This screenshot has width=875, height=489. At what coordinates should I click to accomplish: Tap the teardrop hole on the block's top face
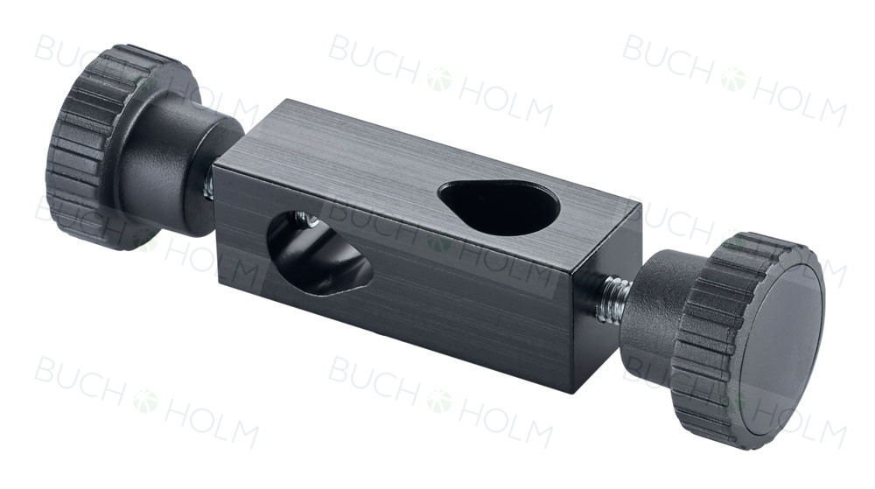[499, 206]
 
